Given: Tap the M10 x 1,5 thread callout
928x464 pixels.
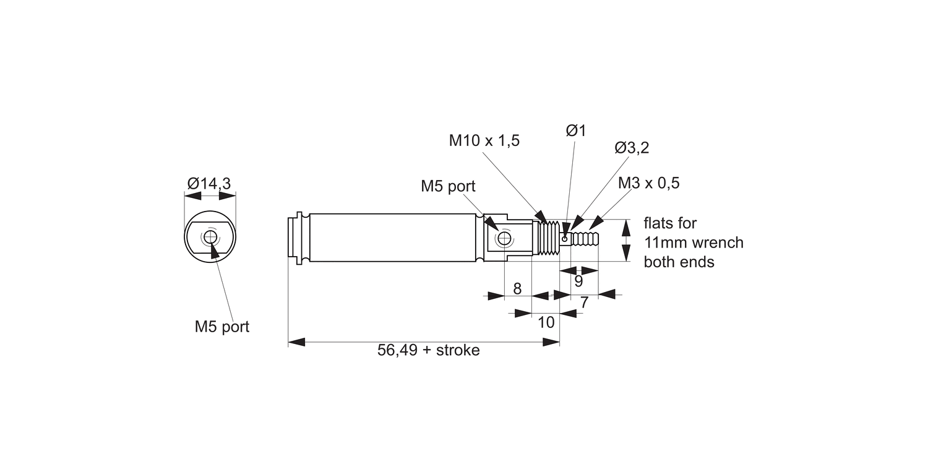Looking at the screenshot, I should pos(484,140).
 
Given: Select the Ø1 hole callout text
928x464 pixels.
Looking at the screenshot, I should pos(575,131).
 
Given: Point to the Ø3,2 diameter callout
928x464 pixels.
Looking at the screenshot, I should pos(632,148).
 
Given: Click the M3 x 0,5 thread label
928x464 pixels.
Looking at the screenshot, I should pos(648,183).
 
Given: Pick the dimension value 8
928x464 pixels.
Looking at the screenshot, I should pos(518,288).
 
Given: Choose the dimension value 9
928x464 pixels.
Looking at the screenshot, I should pos(578,281).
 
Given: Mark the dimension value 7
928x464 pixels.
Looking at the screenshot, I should pos(583,303).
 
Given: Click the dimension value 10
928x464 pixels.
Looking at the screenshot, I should pos(546,322).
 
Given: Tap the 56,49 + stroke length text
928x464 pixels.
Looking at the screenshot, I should pos(428,350).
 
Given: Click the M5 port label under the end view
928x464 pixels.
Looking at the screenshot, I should pos(221,327).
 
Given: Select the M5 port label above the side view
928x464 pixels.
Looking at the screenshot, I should pos(448,186).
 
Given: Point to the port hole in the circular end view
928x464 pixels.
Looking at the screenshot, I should pos(210,236).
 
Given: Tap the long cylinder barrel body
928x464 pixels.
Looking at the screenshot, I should pos(395,238).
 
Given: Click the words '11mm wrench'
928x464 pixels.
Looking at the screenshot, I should pos(694,242).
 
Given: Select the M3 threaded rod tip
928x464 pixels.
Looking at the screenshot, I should pos(585,238).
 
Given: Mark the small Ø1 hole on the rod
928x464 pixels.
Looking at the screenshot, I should pos(564,238).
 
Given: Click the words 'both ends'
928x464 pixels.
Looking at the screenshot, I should pos(679,262).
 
